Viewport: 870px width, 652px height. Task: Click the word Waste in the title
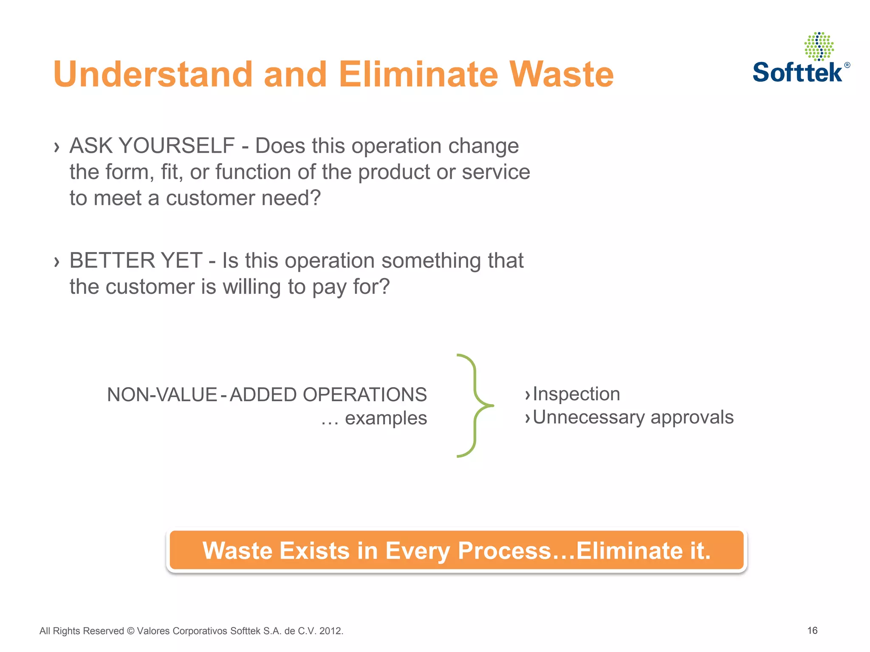point(561,75)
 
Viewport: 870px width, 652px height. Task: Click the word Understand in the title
point(153,75)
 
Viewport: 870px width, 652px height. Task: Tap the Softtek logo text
point(797,72)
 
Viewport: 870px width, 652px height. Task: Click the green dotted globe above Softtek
point(819,46)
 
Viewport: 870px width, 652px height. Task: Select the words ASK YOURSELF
point(152,146)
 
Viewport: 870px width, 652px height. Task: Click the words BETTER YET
point(136,260)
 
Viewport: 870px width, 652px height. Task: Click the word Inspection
point(576,394)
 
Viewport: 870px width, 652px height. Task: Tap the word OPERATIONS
point(364,395)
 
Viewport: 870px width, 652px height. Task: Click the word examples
point(386,418)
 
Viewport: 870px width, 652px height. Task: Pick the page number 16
point(812,630)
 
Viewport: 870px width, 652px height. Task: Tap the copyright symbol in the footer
point(130,631)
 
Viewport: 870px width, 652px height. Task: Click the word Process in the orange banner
point(504,551)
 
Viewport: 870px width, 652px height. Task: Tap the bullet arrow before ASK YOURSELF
point(56,147)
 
